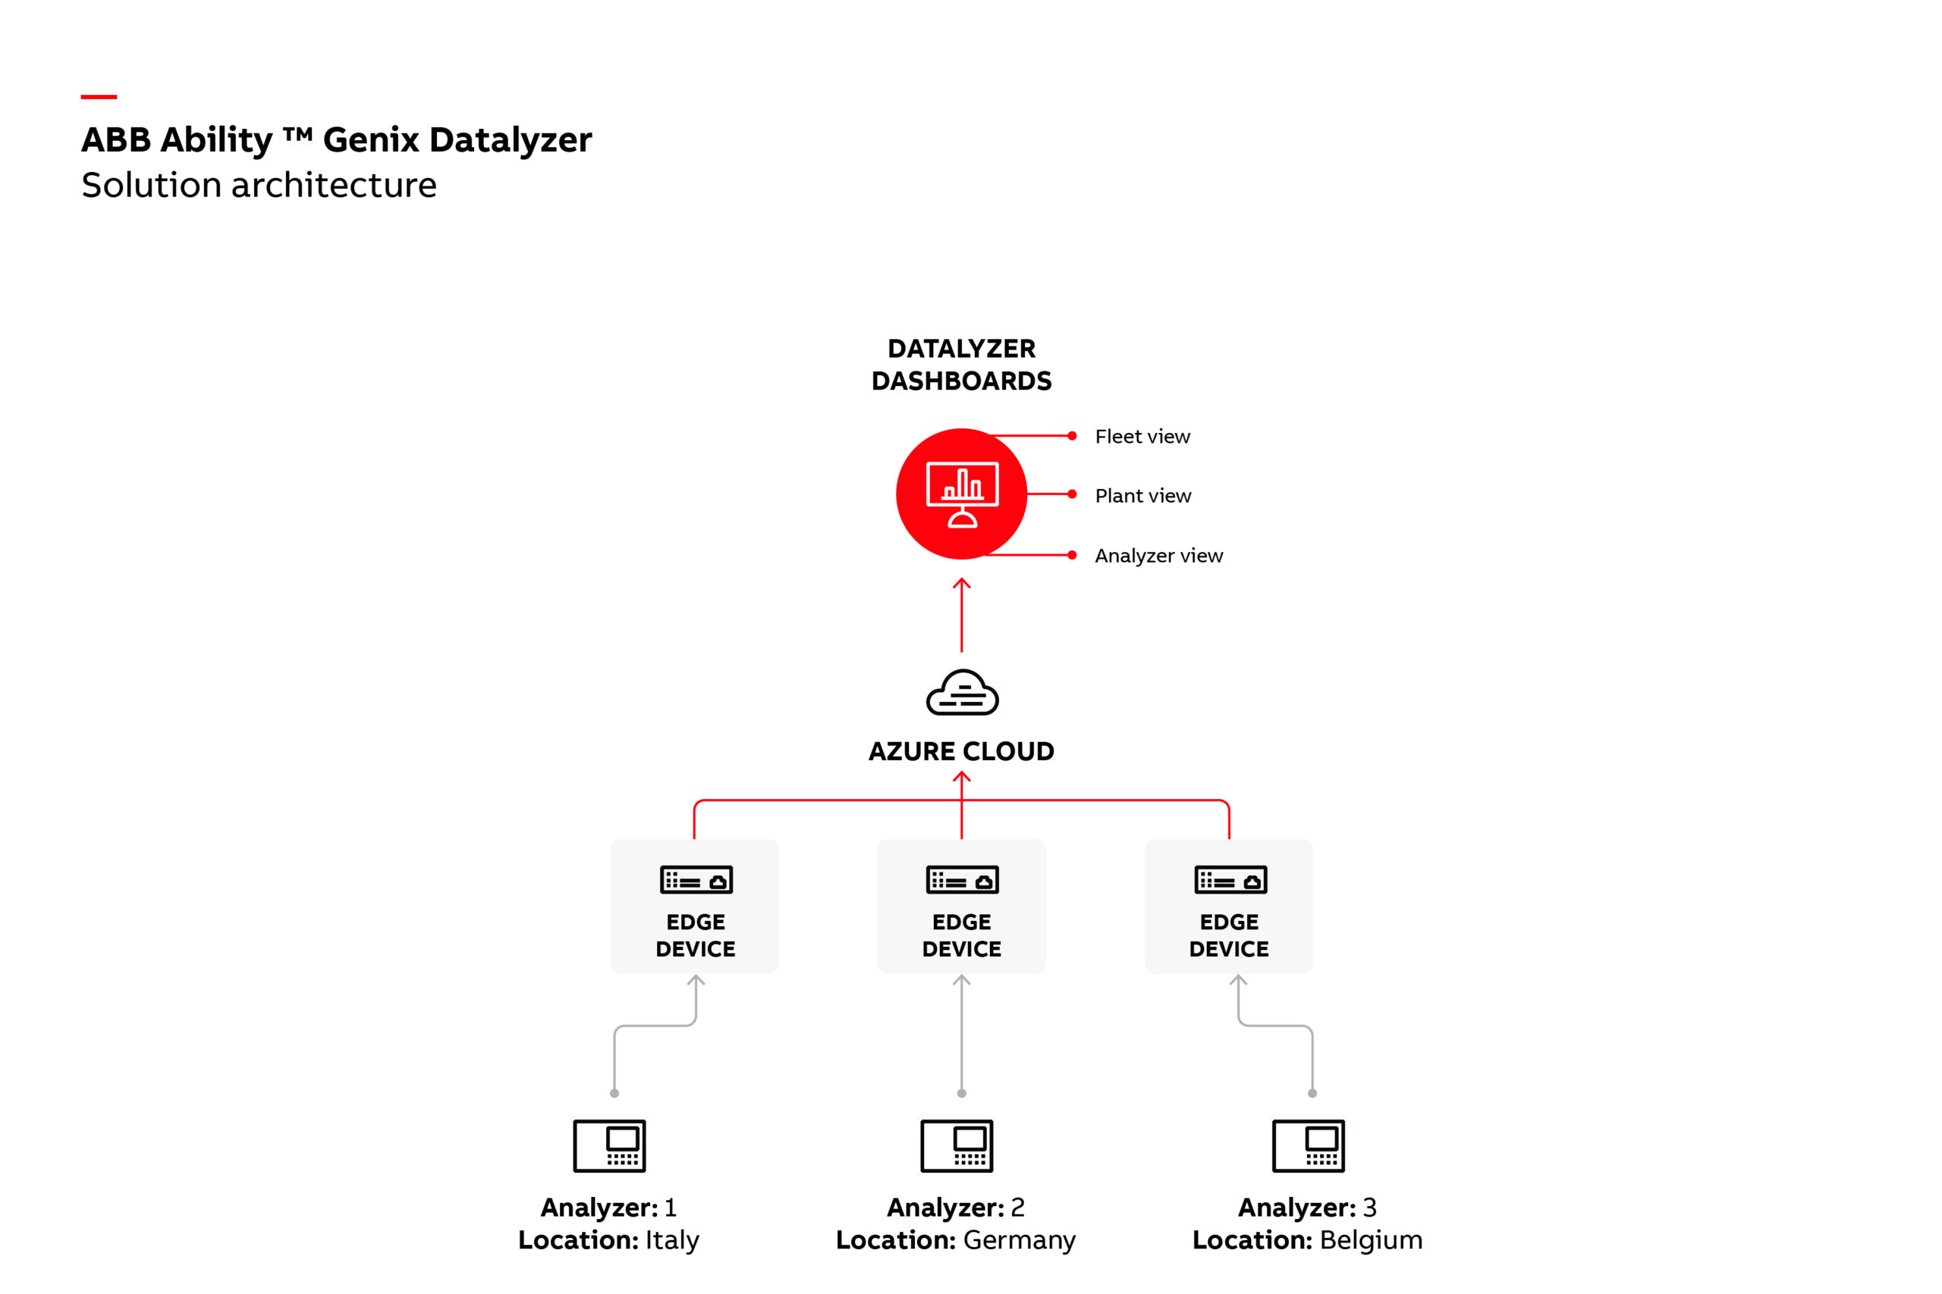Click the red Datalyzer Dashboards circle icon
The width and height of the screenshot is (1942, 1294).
pyautogui.click(x=961, y=493)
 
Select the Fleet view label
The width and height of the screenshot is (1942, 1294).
pyautogui.click(x=1142, y=437)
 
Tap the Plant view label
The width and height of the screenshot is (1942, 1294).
pyautogui.click(x=1142, y=496)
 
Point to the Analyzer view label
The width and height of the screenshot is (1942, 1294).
pyautogui.click(x=1158, y=556)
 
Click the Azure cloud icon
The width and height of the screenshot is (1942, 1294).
pyautogui.click(x=962, y=692)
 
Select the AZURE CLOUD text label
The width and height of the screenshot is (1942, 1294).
pyautogui.click(x=961, y=751)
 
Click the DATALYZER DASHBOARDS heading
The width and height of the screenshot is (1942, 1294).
pyautogui.click(x=961, y=365)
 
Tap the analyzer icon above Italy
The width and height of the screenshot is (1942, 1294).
pyautogui.click(x=609, y=1145)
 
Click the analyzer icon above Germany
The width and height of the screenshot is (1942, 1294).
pyautogui.click(x=956, y=1145)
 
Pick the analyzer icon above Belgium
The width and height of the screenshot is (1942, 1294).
pyautogui.click(x=1308, y=1145)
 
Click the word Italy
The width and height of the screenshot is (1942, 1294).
pyautogui.click(x=671, y=1239)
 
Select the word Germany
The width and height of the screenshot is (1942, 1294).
pyautogui.click(x=1019, y=1239)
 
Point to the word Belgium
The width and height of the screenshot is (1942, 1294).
pyautogui.click(x=1371, y=1239)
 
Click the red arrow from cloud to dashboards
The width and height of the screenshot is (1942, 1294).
pyautogui.click(x=961, y=616)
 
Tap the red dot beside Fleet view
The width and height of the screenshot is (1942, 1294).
pyautogui.click(x=1072, y=436)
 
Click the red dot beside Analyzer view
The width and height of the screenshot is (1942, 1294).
pyautogui.click(x=1072, y=556)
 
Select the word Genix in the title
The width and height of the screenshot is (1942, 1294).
pyautogui.click(x=370, y=139)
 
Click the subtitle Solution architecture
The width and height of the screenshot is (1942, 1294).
pyautogui.click(x=259, y=185)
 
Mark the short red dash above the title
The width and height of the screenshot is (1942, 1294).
pyautogui.click(x=99, y=96)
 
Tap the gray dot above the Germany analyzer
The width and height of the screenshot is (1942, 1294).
pyautogui.click(x=961, y=1093)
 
